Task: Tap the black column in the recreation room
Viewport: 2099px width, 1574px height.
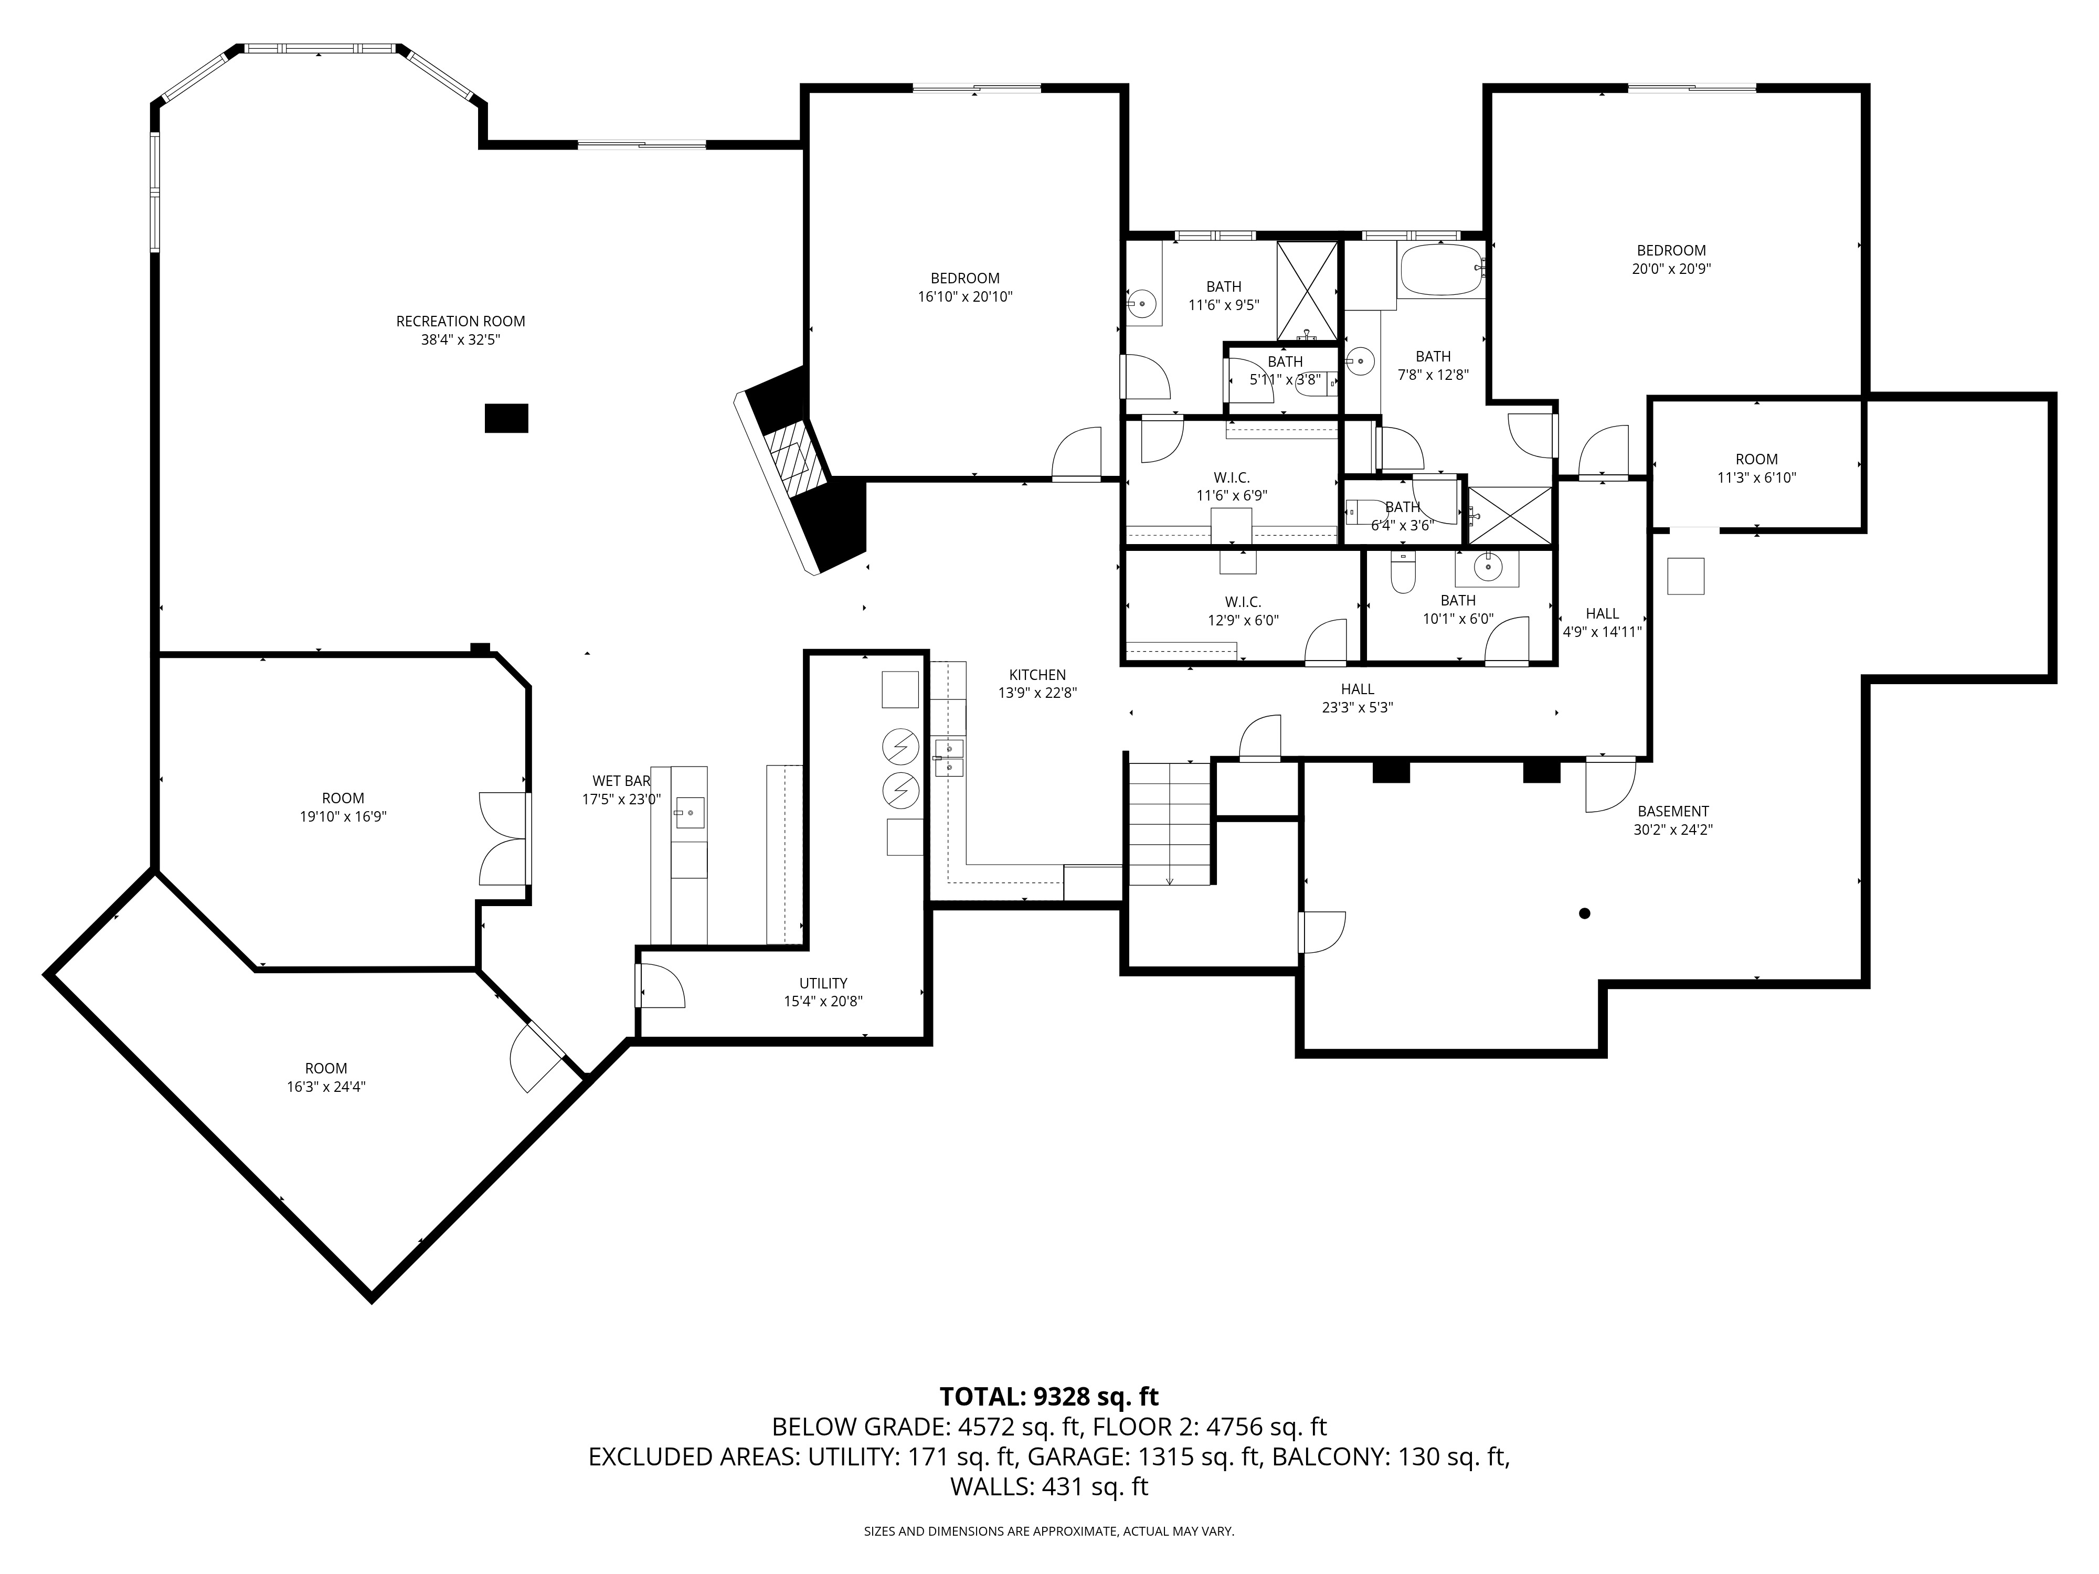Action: pyautogui.click(x=506, y=418)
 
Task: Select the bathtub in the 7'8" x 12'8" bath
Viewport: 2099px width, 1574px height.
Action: pyautogui.click(x=1439, y=270)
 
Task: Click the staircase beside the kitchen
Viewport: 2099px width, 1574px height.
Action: pyautogui.click(x=1169, y=822)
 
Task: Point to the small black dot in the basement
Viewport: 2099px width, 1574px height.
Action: pyautogui.click(x=1584, y=913)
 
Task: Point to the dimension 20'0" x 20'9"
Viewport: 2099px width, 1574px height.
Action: pyautogui.click(x=1671, y=269)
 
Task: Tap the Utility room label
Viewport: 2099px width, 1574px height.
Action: pyautogui.click(x=823, y=983)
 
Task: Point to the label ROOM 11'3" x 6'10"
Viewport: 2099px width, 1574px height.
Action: pyautogui.click(x=1756, y=469)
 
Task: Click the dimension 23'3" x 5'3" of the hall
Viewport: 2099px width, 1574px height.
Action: pyautogui.click(x=1357, y=707)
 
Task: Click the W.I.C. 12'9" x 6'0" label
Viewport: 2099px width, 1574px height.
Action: pyautogui.click(x=1242, y=611)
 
